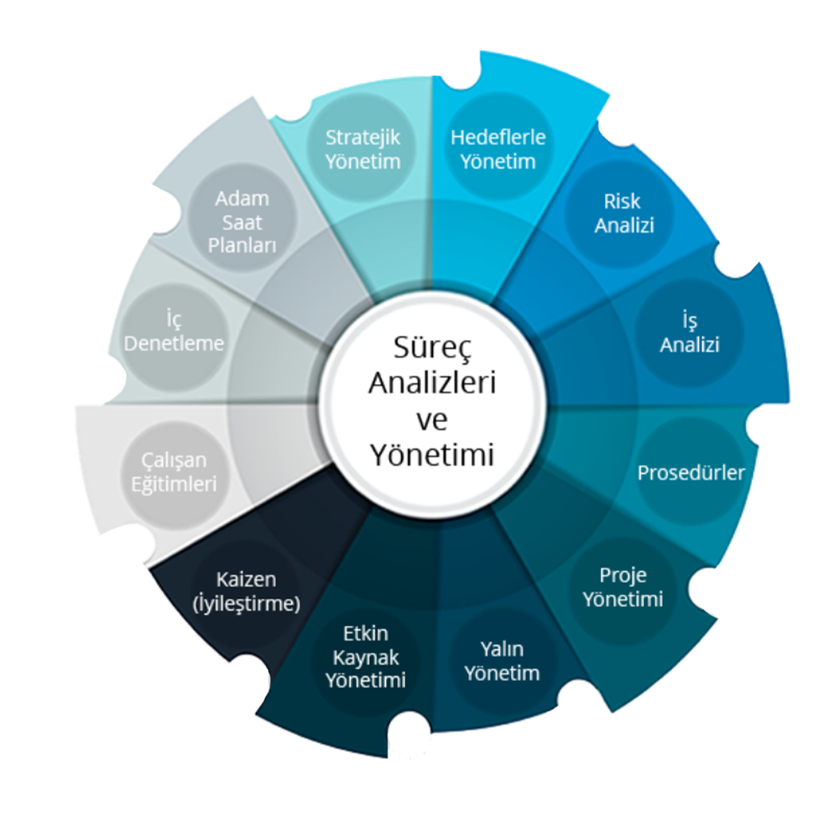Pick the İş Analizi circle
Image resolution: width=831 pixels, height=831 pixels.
point(689,332)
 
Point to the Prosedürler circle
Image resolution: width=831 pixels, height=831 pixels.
point(691,472)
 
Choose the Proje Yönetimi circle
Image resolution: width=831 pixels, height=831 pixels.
point(623,588)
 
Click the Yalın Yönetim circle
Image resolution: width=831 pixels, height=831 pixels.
point(502,661)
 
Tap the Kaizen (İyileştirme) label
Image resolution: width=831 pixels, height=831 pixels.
point(246,591)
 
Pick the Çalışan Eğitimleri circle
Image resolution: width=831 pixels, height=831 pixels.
point(173,471)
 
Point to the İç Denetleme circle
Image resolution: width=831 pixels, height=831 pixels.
point(174,332)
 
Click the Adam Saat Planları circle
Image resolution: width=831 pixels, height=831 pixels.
point(242,223)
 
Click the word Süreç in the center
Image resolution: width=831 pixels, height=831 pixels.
point(432,347)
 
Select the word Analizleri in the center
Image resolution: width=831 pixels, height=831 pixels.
point(432,383)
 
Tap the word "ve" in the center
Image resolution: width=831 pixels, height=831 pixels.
point(432,419)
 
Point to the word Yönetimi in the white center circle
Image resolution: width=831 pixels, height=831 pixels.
point(432,455)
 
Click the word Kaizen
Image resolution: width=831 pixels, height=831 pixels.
point(246,578)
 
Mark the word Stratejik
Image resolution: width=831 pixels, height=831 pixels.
point(363,137)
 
